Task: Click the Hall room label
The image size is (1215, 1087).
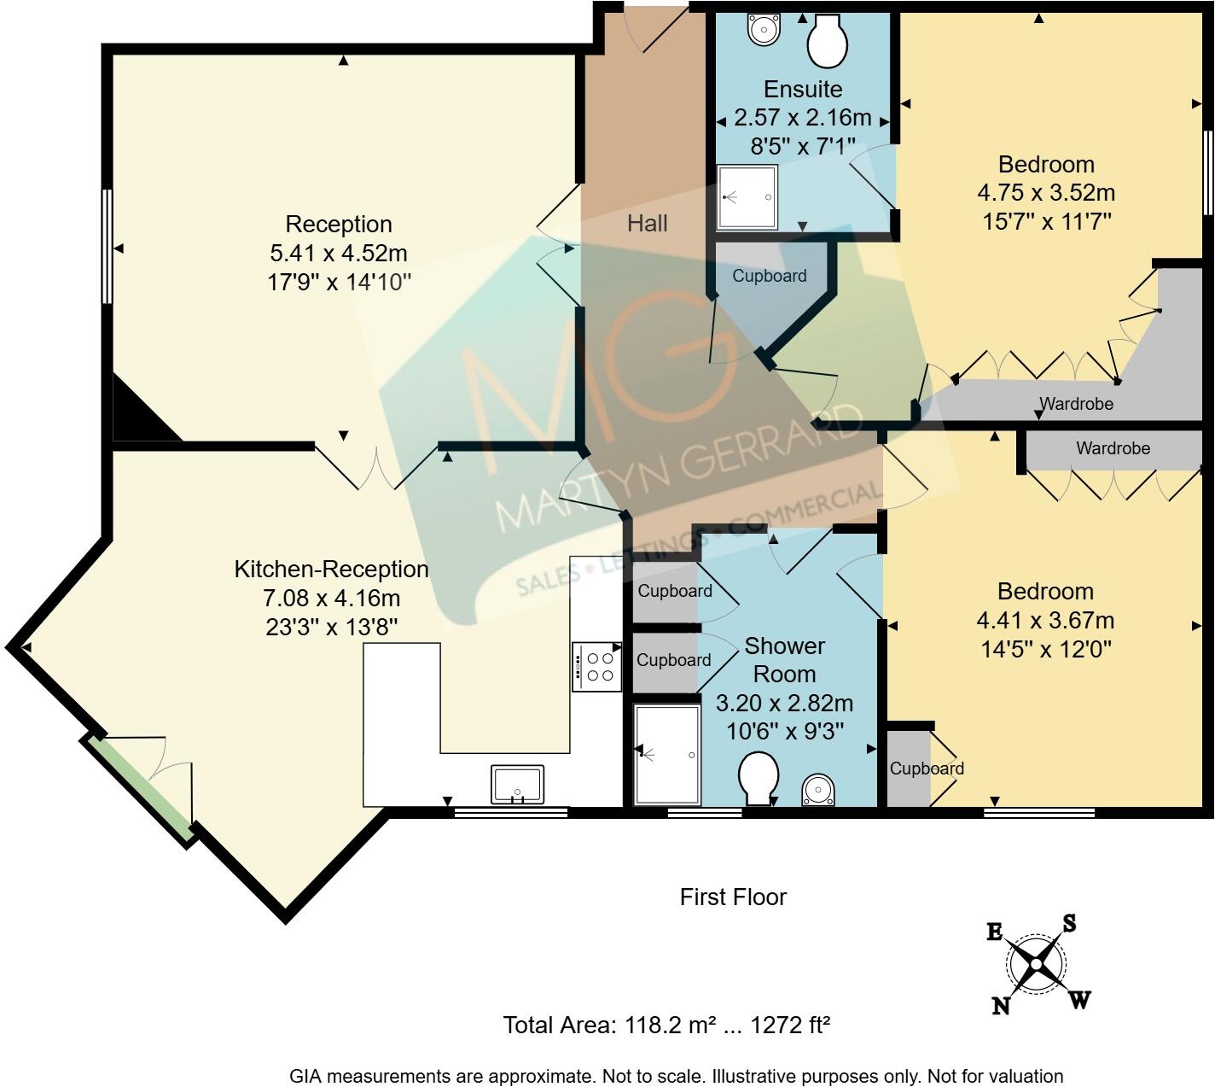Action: (x=647, y=224)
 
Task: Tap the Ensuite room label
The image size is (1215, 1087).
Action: (x=802, y=89)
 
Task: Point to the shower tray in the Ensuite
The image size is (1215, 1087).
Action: (x=747, y=197)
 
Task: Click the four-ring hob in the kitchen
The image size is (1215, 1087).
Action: (x=596, y=666)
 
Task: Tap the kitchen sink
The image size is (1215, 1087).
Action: (x=517, y=784)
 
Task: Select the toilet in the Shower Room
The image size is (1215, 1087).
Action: (x=758, y=776)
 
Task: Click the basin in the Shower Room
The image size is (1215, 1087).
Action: (x=818, y=790)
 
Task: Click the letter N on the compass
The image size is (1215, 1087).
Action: (x=1001, y=1006)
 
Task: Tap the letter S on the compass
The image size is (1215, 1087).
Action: (x=1068, y=923)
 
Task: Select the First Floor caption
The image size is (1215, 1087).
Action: (x=733, y=897)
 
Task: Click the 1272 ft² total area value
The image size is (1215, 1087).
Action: (x=789, y=1025)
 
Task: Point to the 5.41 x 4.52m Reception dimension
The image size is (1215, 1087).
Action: (x=339, y=254)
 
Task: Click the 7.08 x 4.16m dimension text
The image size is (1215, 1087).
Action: (x=331, y=599)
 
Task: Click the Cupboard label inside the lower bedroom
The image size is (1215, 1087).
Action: (x=927, y=768)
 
